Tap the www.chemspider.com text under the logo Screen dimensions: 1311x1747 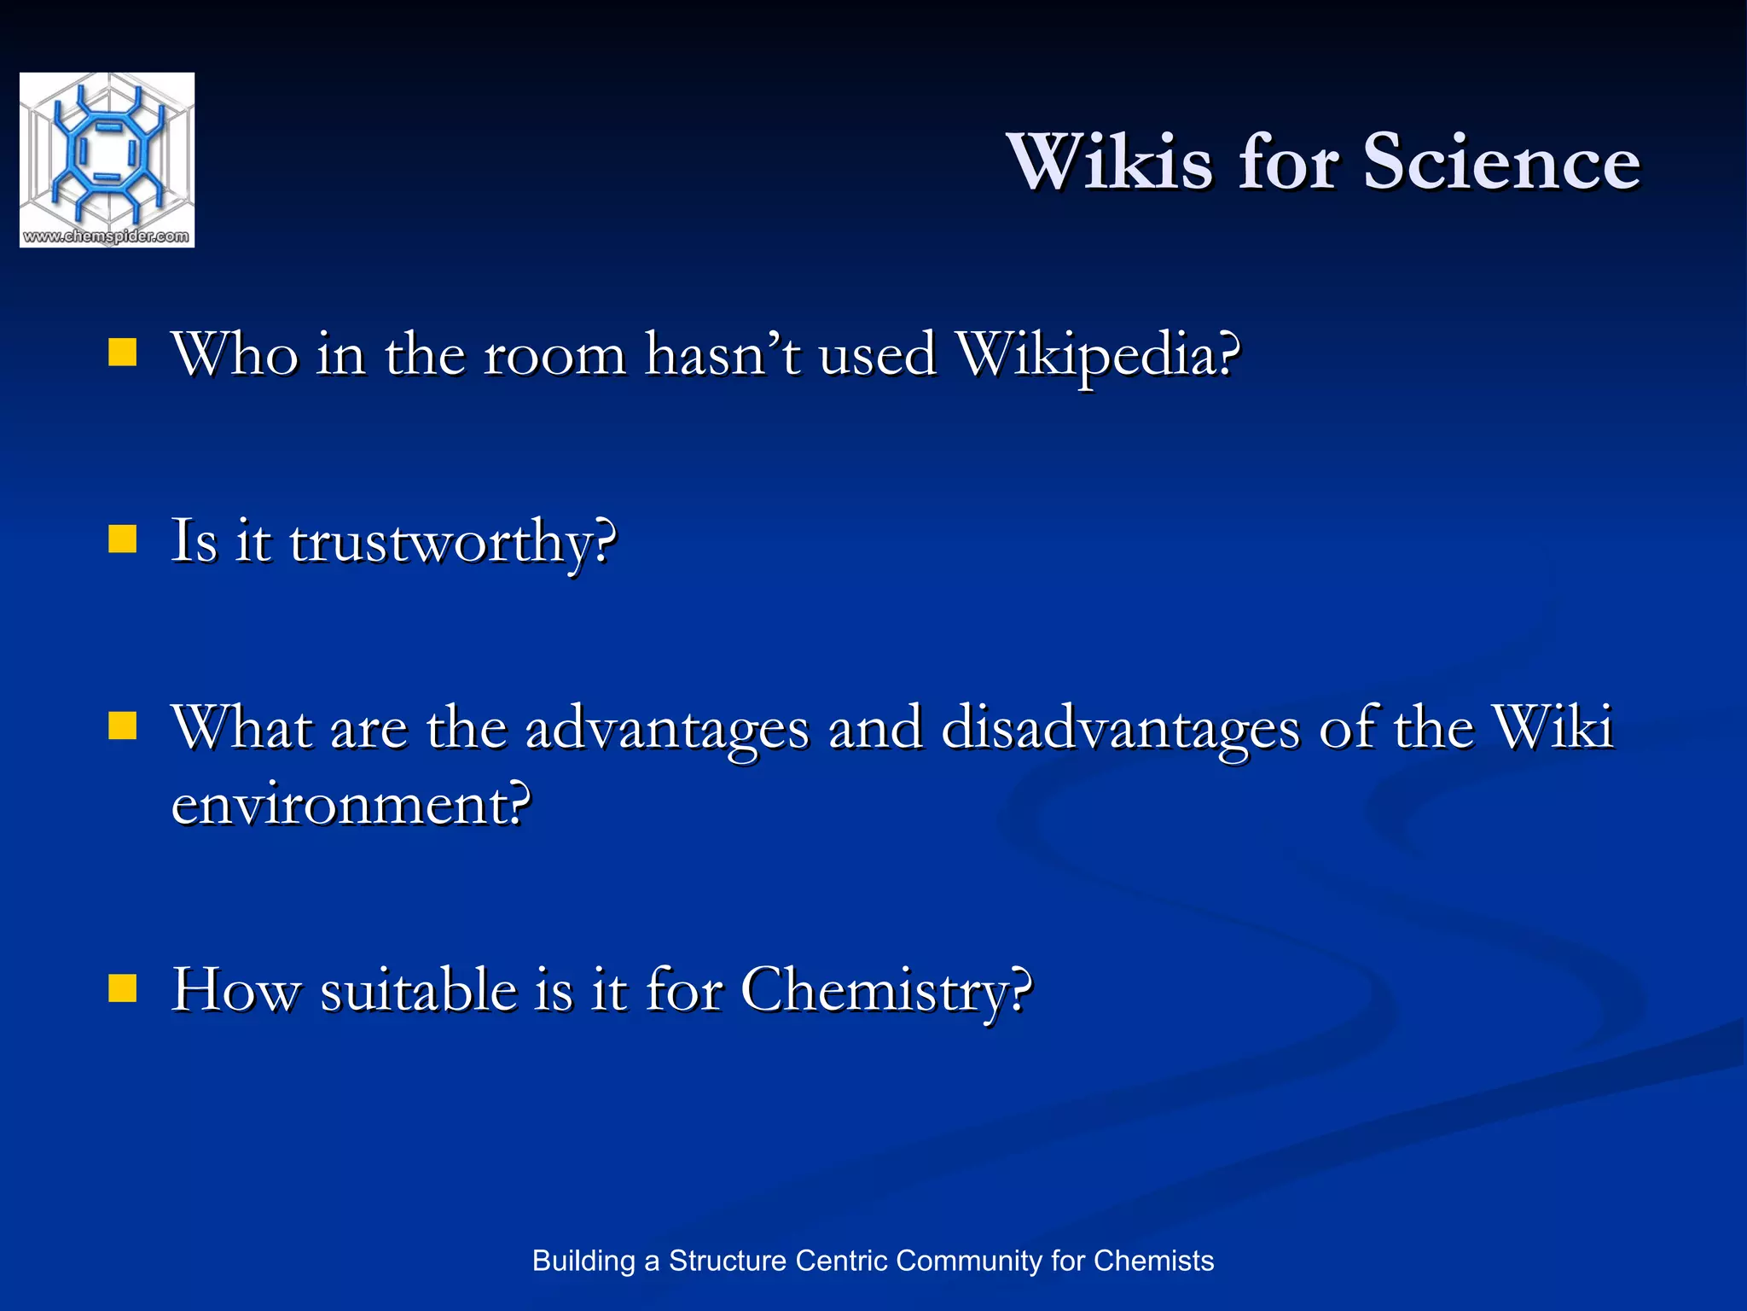[107, 236]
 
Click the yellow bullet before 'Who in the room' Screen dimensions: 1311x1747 [123, 353]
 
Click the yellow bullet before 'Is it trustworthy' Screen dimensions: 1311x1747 [123, 539]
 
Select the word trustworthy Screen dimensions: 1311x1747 [452, 543]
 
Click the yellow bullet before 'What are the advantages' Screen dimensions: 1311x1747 [123, 725]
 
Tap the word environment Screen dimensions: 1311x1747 [351, 804]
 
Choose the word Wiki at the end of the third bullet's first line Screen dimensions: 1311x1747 [1553, 727]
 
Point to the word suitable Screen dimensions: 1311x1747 [418, 990]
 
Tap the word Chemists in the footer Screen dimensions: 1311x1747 [1153, 1261]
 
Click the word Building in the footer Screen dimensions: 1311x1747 [583, 1261]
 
